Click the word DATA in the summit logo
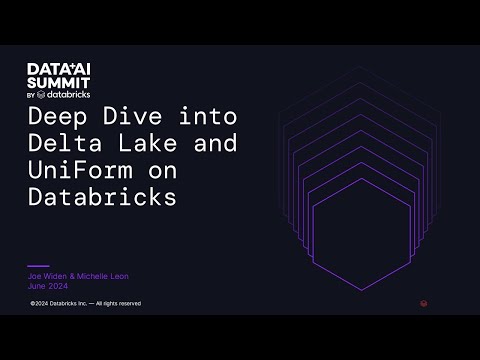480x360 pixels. (x=43, y=68)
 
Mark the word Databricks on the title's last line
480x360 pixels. (x=103, y=196)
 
